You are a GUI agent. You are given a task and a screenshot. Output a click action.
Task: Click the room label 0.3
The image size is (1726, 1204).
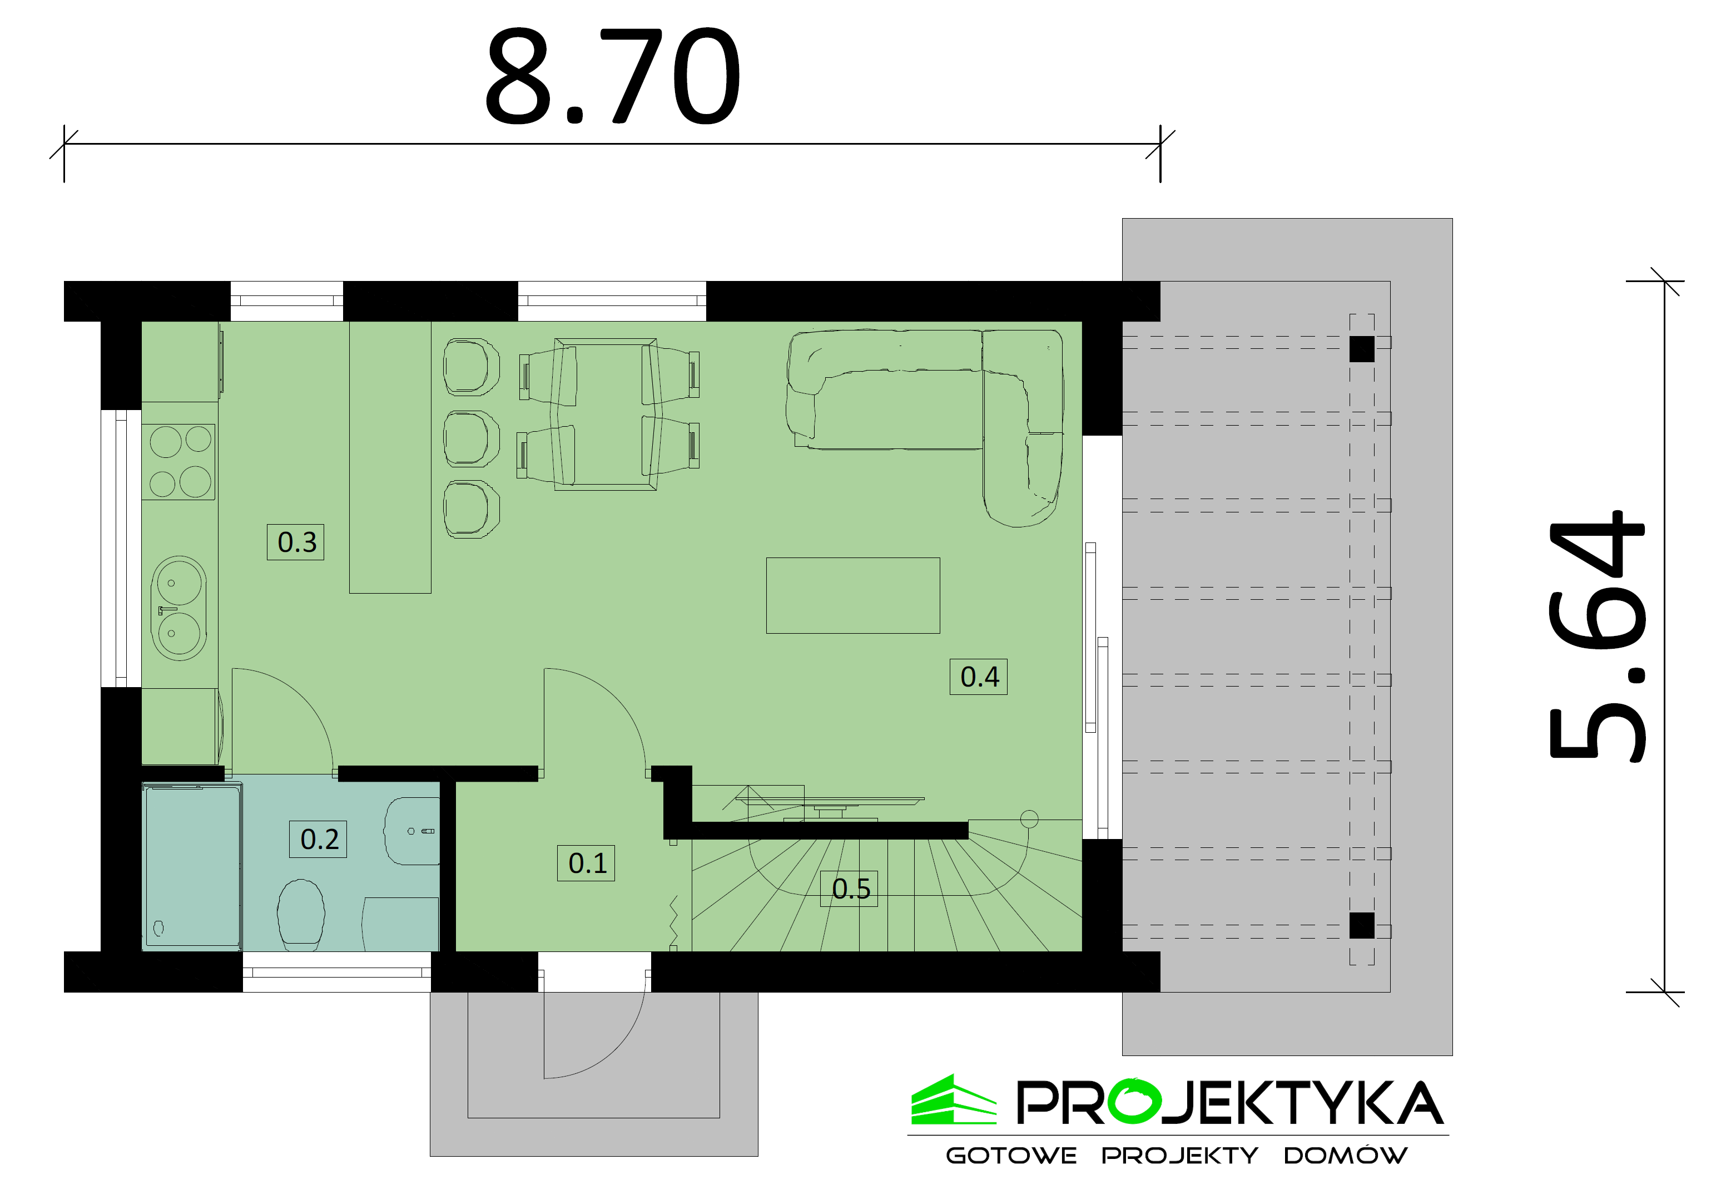(x=296, y=542)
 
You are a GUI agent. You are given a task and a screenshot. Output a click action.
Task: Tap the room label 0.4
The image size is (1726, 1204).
(x=979, y=677)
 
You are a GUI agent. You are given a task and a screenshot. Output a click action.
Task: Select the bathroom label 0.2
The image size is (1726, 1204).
(x=319, y=839)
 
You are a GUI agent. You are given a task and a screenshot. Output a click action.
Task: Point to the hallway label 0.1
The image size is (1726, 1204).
(x=586, y=863)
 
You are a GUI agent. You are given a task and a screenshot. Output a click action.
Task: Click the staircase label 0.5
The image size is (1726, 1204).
(x=850, y=889)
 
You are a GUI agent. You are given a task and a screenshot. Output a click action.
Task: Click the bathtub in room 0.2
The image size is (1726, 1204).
(x=192, y=866)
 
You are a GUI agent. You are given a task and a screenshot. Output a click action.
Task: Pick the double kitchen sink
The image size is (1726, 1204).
(x=179, y=608)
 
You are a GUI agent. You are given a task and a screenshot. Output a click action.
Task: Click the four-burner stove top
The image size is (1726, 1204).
(x=179, y=462)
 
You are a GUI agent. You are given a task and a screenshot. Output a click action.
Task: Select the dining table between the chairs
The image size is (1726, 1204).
(x=606, y=415)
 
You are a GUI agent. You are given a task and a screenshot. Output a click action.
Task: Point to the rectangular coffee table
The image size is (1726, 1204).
(x=852, y=596)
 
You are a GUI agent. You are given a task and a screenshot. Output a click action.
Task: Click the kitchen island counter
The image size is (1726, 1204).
(x=390, y=457)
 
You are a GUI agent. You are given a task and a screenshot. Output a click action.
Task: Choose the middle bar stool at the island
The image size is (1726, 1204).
(x=472, y=438)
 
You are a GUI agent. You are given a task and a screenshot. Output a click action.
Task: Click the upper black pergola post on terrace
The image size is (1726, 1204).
(x=1361, y=349)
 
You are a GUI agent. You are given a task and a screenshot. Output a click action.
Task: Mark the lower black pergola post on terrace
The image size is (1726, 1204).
(x=1361, y=926)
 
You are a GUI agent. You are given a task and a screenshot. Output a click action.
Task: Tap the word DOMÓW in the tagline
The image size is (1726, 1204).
(x=1345, y=1156)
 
